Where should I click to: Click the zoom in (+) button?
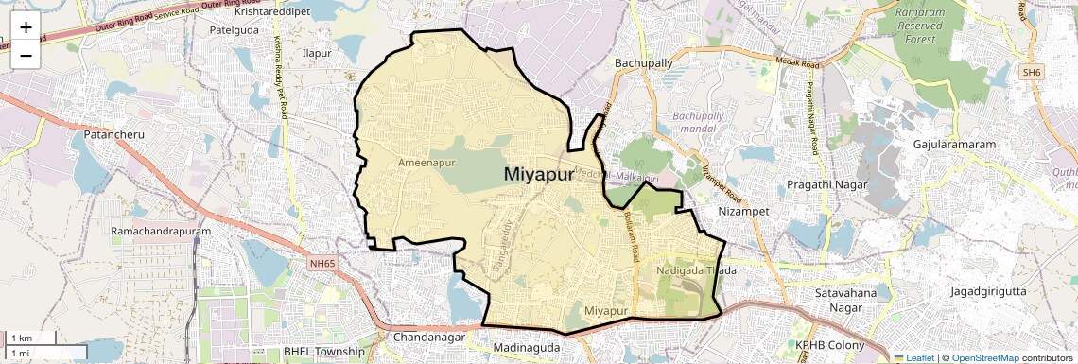pyautogui.click(x=26, y=26)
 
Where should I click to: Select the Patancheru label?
pyautogui.click(x=114, y=135)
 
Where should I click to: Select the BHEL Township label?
pyautogui.click(x=323, y=352)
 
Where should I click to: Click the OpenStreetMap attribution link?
pyautogui.click(x=985, y=357)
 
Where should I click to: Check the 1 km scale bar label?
pyautogui.click(x=21, y=338)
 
